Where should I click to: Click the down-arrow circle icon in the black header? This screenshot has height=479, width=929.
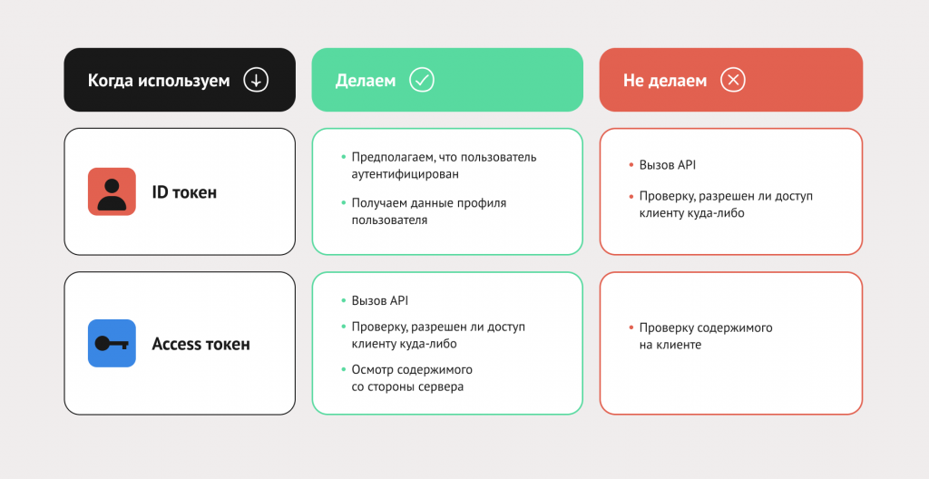click(256, 80)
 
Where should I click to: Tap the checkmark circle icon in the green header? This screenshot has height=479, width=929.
click(422, 80)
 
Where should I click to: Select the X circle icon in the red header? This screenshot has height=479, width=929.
click(733, 80)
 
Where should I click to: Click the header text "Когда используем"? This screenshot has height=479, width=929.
click(159, 81)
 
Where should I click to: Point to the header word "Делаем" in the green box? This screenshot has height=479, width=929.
click(366, 81)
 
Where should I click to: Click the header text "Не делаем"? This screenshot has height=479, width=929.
click(665, 81)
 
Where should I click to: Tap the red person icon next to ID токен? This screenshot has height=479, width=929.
click(112, 191)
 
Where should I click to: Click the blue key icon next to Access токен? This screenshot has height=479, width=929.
click(112, 343)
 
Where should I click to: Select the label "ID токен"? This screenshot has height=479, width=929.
click(184, 192)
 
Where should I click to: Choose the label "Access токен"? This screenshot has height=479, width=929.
click(200, 344)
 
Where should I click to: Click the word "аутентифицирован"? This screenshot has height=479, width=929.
click(406, 174)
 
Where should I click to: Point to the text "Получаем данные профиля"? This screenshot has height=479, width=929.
click(429, 202)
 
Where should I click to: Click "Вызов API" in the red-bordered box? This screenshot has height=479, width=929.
click(668, 165)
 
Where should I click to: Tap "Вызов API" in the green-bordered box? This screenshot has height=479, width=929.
click(380, 300)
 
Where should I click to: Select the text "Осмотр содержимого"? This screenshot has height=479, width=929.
click(412, 370)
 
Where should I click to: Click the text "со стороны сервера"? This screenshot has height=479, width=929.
click(407, 387)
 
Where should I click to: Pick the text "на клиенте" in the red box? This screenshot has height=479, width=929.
click(670, 345)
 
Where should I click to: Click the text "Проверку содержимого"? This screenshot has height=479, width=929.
click(706, 327)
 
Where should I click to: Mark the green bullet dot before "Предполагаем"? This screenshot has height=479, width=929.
click(343, 157)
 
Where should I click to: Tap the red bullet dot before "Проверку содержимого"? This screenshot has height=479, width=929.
click(631, 327)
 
